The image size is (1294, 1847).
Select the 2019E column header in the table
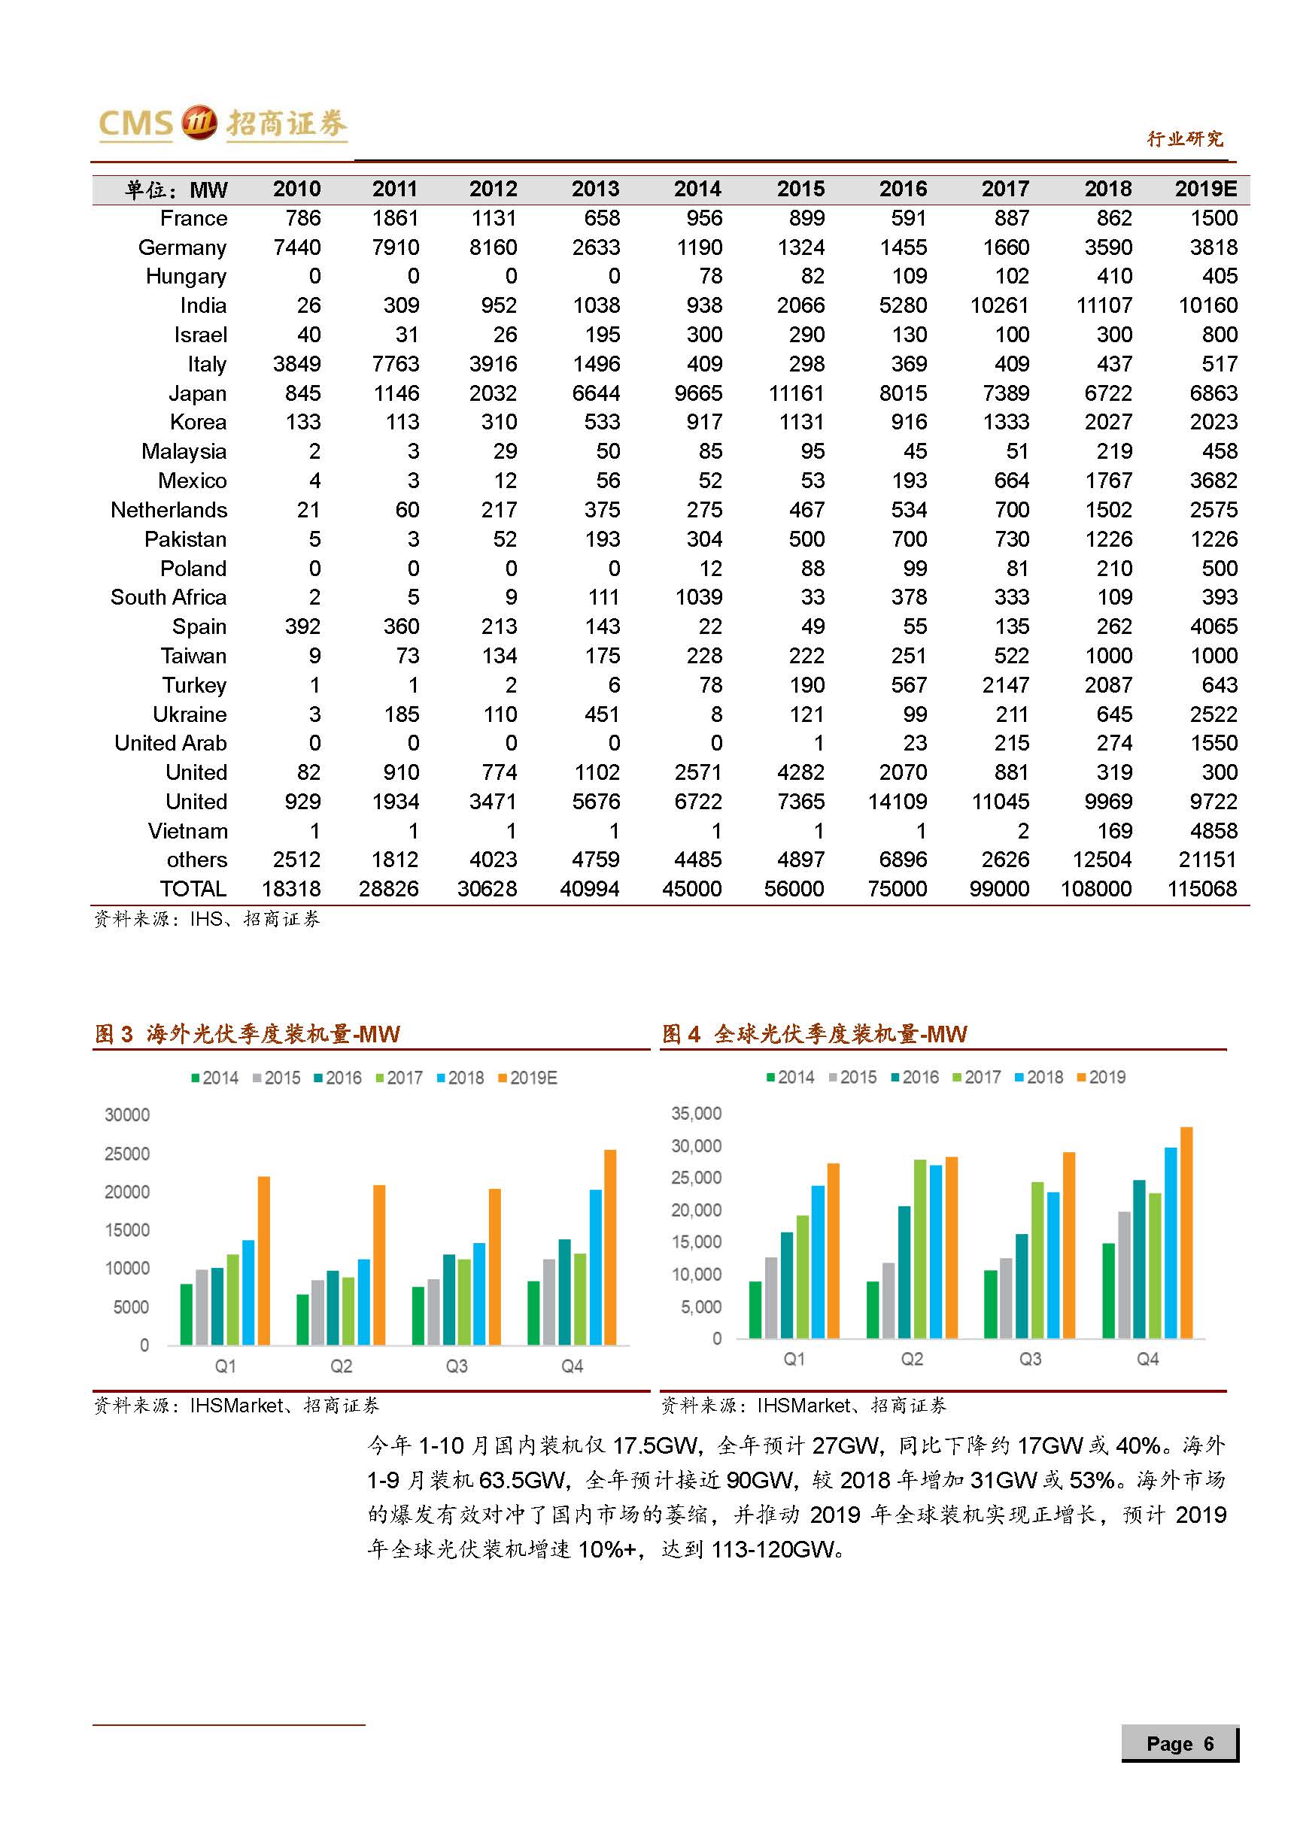point(1204,189)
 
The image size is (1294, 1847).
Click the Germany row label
point(182,247)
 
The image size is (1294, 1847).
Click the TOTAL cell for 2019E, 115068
point(1201,889)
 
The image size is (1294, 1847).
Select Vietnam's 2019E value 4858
point(1214,831)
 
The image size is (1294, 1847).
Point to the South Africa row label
point(169,598)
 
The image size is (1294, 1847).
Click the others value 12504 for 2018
point(1101,860)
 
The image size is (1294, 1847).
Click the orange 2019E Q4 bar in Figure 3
point(610,1247)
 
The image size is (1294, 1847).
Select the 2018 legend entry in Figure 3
point(460,1078)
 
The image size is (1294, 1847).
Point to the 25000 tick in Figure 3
point(127,1154)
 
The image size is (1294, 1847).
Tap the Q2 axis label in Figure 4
point(912,1360)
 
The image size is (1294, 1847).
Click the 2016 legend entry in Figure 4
point(915,1077)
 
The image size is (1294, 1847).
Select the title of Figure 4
point(814,1035)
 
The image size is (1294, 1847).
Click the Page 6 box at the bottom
point(1179,1744)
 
